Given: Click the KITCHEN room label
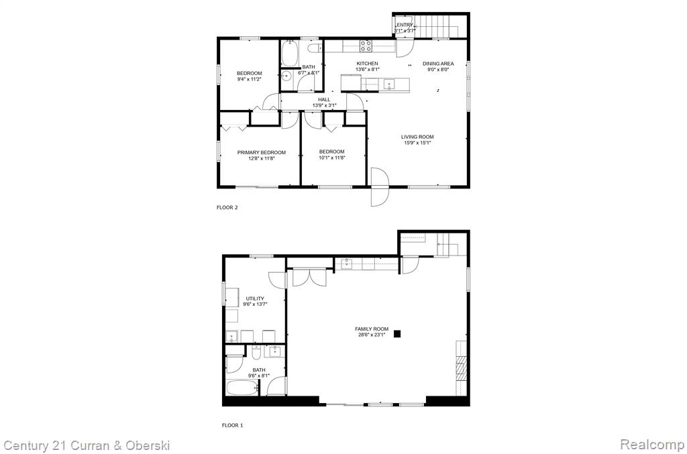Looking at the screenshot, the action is [x=367, y=64].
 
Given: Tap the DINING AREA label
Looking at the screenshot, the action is [x=438, y=64].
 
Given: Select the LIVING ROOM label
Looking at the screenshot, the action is [x=417, y=137].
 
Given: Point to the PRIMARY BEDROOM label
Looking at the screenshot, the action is [x=262, y=152].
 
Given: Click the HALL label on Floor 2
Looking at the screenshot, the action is [x=324, y=99].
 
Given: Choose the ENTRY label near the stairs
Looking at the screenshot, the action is [x=405, y=25].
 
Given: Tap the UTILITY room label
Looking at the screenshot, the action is [x=255, y=298].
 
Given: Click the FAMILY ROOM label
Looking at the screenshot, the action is [x=372, y=329].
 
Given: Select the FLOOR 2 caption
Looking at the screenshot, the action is [x=227, y=207].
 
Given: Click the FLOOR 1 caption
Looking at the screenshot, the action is [x=232, y=425].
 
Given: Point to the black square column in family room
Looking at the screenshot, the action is [x=397, y=333].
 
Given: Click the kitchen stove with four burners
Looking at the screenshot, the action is [x=366, y=46].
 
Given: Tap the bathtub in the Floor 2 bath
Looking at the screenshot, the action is [x=289, y=54].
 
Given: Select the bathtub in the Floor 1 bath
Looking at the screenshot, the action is [x=242, y=388].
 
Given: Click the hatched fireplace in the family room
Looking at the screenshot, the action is [x=462, y=368].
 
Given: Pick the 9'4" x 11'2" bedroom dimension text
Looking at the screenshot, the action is [x=250, y=79].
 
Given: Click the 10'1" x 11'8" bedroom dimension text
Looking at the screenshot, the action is [x=331, y=158].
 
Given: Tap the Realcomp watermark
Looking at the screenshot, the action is [x=652, y=445].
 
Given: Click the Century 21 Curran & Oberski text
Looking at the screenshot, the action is [x=87, y=446].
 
